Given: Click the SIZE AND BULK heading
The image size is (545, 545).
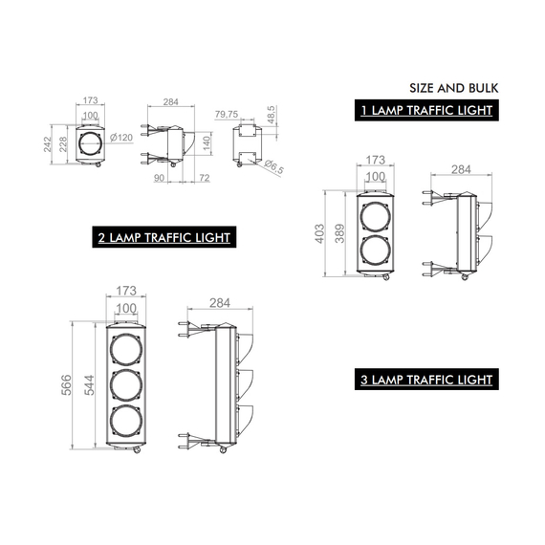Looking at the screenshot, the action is [x=453, y=88].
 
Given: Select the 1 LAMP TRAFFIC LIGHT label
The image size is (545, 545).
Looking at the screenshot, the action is [x=426, y=110].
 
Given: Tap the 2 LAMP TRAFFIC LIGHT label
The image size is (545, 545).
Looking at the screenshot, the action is [x=164, y=237].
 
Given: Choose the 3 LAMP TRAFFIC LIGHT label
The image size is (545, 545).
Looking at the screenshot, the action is [x=426, y=380].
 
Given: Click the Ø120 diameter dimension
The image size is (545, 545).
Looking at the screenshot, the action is [x=121, y=138].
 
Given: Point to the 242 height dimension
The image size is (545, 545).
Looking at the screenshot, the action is [x=47, y=144].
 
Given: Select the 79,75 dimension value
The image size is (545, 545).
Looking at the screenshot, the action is [x=227, y=114].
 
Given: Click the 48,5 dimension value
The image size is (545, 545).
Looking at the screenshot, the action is [x=272, y=115].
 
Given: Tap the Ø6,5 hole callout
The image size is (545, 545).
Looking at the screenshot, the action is [x=273, y=166].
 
